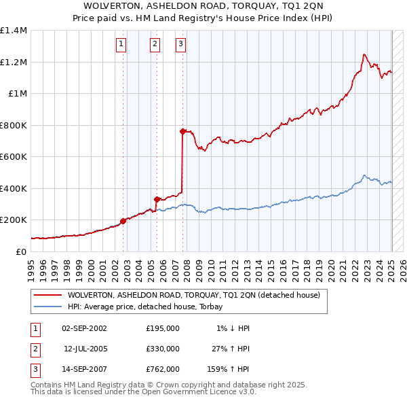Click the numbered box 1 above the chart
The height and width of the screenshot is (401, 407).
click(x=121, y=45)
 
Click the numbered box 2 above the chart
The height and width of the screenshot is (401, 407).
click(x=155, y=45)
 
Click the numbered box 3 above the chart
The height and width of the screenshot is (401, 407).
click(x=181, y=45)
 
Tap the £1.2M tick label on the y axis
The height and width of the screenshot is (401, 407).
click(x=13, y=62)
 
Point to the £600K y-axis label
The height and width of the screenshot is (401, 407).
click(x=13, y=156)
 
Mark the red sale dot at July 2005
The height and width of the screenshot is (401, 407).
click(x=157, y=200)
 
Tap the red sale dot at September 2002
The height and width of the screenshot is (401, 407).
click(x=123, y=221)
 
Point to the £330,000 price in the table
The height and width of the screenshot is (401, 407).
click(x=163, y=349)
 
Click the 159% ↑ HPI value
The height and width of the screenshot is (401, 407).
click(x=229, y=369)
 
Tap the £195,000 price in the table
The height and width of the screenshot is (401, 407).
click(x=163, y=328)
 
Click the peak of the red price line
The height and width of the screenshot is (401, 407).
click(x=364, y=54)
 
